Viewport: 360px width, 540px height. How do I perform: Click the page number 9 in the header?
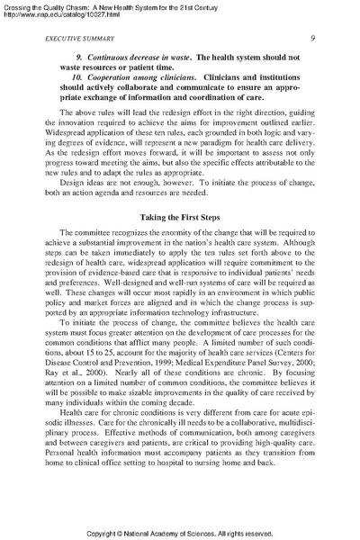310,38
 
